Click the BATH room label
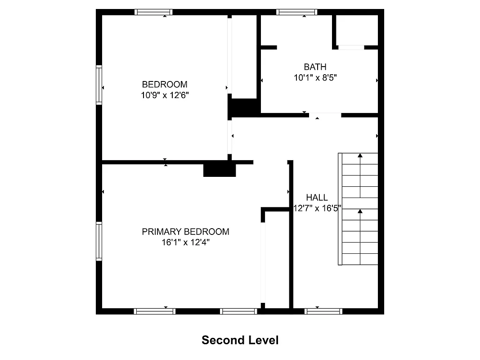(315, 67)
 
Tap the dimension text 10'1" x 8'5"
(315, 77)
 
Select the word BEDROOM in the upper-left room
(165, 84)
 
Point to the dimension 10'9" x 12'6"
(165, 95)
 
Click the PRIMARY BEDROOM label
(185, 232)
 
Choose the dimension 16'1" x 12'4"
(185, 243)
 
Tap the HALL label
(317, 198)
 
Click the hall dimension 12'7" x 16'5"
(317, 208)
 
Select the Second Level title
(240, 340)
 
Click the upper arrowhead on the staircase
(360, 156)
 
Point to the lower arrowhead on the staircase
(360, 211)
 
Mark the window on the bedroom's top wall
(154, 12)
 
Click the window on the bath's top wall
(296, 12)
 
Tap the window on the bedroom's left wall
(99, 85)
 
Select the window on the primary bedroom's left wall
(99, 241)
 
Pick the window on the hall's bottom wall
(323, 311)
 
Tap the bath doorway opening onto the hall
(325, 115)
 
